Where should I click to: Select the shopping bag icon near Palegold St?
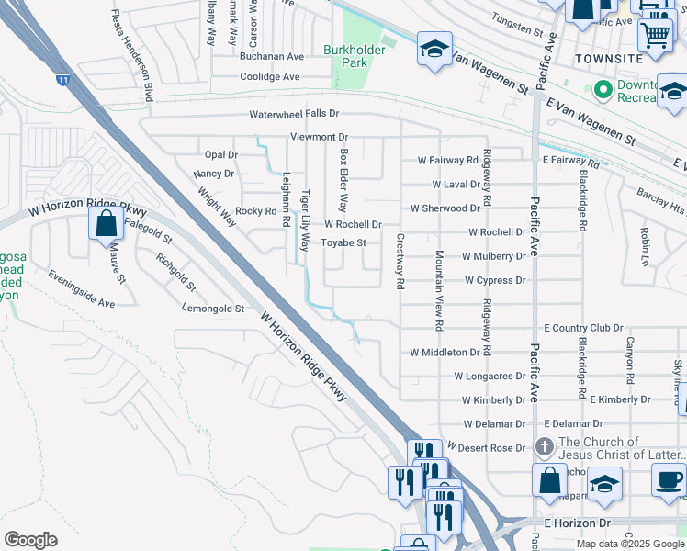coord(107,222)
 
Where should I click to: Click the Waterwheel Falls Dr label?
coord(295,114)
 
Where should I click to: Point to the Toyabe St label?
coord(343,243)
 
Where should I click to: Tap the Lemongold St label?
coord(213,309)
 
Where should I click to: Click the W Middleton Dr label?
coord(445,353)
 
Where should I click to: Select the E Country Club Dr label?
coord(583,328)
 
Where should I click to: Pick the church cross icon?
coord(544,447)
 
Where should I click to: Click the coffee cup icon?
coord(669,478)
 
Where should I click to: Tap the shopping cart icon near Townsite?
coord(654,35)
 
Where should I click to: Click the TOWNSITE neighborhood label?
coord(608,59)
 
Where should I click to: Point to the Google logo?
coord(30,540)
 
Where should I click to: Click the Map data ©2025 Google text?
coord(630,544)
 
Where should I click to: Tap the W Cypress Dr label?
coord(495,280)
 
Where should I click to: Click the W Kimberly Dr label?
coord(493,400)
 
